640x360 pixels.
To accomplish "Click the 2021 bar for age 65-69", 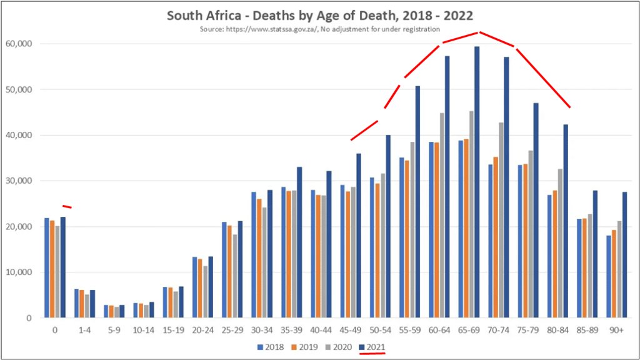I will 477,182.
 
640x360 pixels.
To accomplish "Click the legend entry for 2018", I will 271,346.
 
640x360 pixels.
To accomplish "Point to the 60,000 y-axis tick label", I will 20,44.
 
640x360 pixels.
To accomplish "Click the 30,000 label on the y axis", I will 20,181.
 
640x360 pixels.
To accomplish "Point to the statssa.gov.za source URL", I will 281,29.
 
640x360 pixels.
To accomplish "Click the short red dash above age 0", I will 67,206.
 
